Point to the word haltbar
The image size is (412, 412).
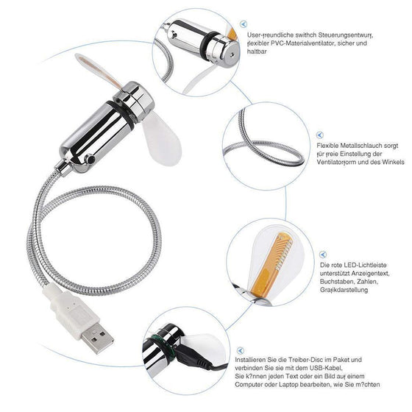click(x=257, y=53)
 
